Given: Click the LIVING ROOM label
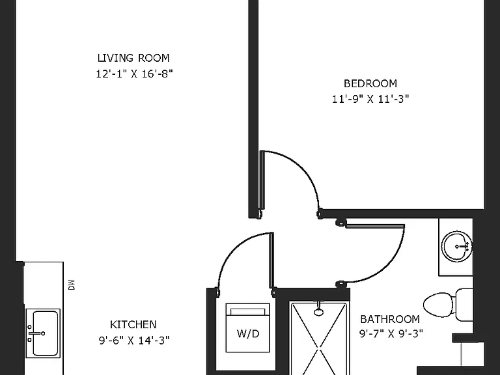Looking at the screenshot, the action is click(133, 58).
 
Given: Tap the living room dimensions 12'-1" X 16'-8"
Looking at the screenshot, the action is click(134, 74).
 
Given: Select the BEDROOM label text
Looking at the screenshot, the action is click(370, 83).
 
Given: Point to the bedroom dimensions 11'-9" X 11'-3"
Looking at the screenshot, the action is click(370, 99).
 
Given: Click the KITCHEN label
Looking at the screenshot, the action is click(133, 325).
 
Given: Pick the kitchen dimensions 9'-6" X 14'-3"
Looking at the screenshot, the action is click(134, 340).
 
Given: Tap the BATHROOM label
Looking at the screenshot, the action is click(390, 319).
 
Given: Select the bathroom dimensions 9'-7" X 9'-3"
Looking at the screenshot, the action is click(391, 333).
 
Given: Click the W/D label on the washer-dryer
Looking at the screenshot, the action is click(248, 333).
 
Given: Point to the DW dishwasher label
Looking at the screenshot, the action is click(72, 285).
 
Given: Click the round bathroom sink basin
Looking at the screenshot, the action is click(456, 247).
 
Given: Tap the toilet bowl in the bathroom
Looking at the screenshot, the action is click(438, 305).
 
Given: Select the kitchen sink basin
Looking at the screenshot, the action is click(46, 333).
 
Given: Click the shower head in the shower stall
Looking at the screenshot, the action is click(318, 311).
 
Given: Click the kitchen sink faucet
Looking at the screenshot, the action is click(36, 333).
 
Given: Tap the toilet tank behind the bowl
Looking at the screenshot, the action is click(464, 305).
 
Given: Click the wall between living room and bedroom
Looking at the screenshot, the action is click(253, 109).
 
